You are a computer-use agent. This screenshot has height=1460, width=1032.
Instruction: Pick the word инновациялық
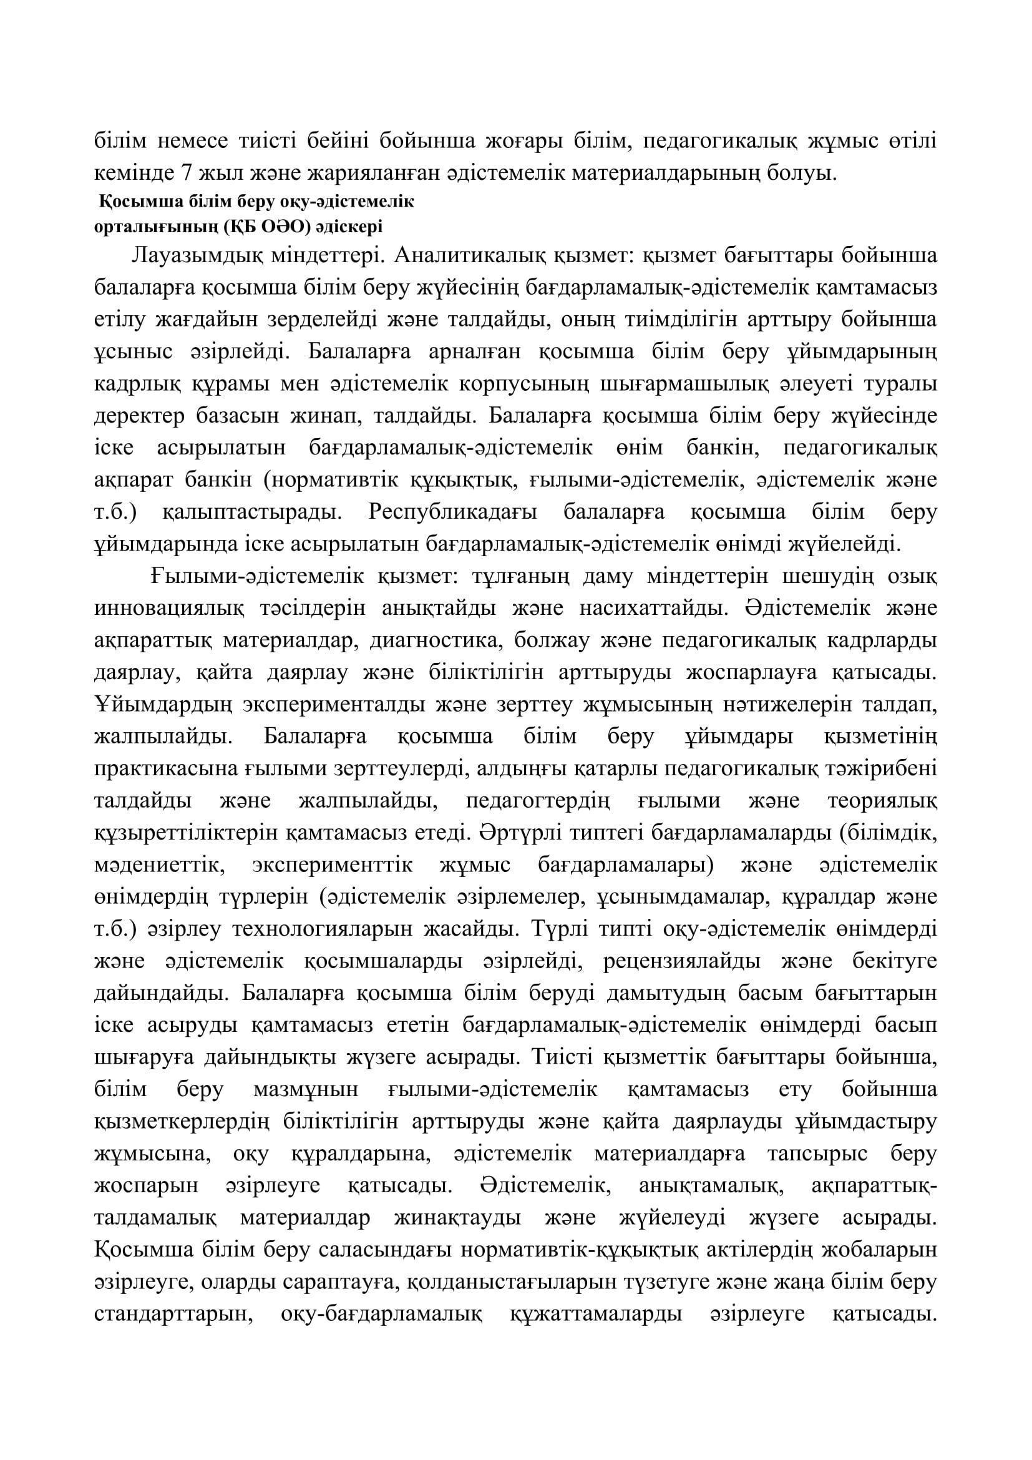click(169, 609)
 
